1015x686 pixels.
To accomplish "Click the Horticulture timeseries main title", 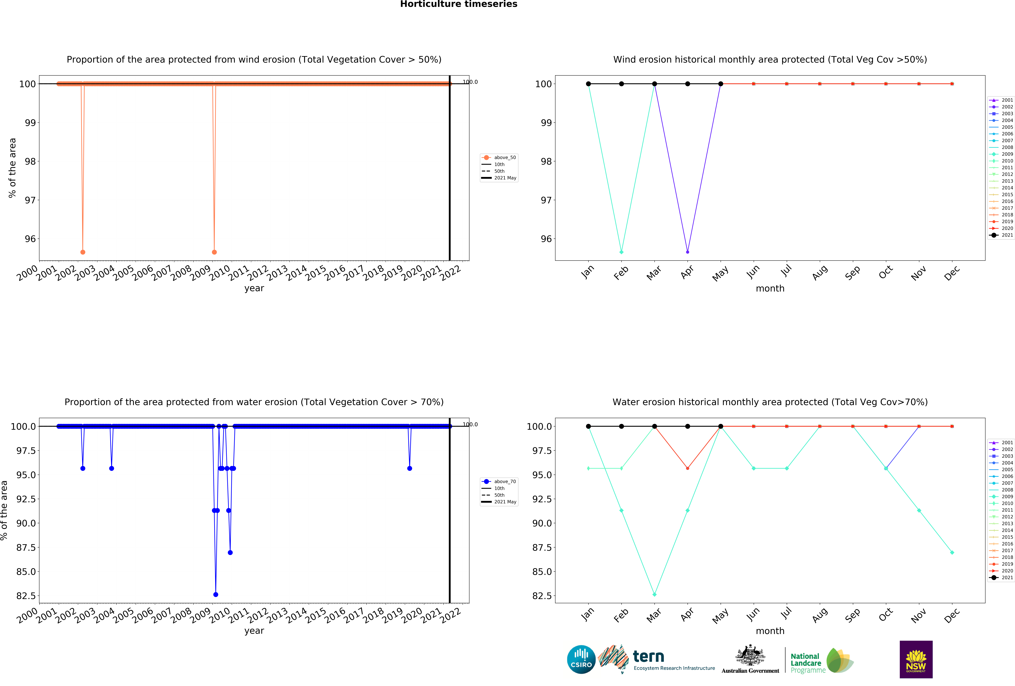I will click(459, 4).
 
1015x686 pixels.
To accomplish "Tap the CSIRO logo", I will click(581, 659).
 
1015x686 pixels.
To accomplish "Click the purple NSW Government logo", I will click(916, 659).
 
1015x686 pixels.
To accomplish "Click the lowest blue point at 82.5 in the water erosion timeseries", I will click(216, 594).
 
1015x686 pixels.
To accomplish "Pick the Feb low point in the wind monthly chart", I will click(621, 252).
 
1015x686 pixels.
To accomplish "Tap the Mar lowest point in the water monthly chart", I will click(654, 594).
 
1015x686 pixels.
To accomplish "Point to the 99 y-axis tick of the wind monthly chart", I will click(546, 123).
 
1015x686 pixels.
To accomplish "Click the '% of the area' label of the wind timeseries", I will click(12, 168).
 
